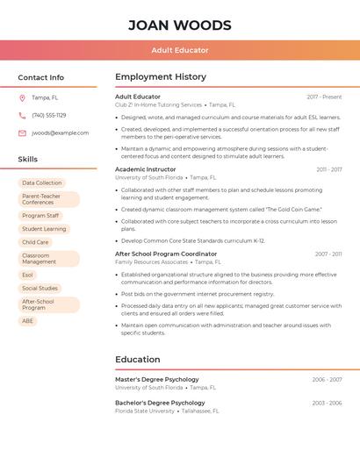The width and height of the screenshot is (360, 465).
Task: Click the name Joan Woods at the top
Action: pos(180,25)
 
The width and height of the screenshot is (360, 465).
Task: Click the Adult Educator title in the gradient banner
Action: pos(180,50)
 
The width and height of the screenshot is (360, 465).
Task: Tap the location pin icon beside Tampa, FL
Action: pos(22,97)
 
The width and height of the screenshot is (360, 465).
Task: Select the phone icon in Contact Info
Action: pos(22,115)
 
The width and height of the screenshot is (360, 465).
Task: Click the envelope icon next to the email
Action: pos(22,133)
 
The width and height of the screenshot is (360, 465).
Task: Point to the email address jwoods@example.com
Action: pos(60,133)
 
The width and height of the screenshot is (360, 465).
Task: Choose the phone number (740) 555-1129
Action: pos(48,115)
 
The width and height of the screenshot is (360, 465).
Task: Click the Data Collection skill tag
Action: pos(41,182)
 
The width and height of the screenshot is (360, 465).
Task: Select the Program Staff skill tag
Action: pos(40,215)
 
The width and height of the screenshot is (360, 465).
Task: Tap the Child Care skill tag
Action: pos(35,242)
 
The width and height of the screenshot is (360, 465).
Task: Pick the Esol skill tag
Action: pos(27,275)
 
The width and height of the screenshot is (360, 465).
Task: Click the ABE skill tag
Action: pos(27,321)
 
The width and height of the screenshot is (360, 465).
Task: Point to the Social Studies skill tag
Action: pos(40,288)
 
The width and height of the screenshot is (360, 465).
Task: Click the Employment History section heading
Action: pos(161,77)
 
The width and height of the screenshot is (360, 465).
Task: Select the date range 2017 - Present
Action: pos(324,97)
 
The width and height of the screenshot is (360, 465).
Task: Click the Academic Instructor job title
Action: pos(146,169)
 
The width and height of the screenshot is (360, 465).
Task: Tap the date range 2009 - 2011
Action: pos(328,254)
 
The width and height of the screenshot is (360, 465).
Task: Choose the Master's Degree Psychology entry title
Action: pos(157,380)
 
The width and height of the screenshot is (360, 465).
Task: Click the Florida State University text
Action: pos(145,411)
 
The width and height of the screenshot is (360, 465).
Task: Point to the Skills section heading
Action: pos(28,159)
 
